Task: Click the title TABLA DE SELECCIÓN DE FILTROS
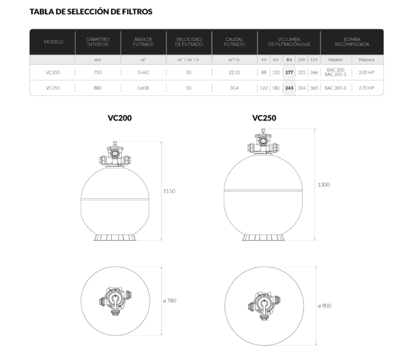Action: point(91,11)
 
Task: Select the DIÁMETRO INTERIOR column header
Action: point(98,42)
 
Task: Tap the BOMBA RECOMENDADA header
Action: point(352,42)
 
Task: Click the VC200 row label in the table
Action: point(53,72)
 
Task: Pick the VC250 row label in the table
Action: point(53,88)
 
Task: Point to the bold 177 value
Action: point(289,72)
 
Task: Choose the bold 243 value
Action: point(289,88)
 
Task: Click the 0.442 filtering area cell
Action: point(143,72)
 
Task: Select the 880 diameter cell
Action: point(98,88)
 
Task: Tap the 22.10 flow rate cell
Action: point(234,72)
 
